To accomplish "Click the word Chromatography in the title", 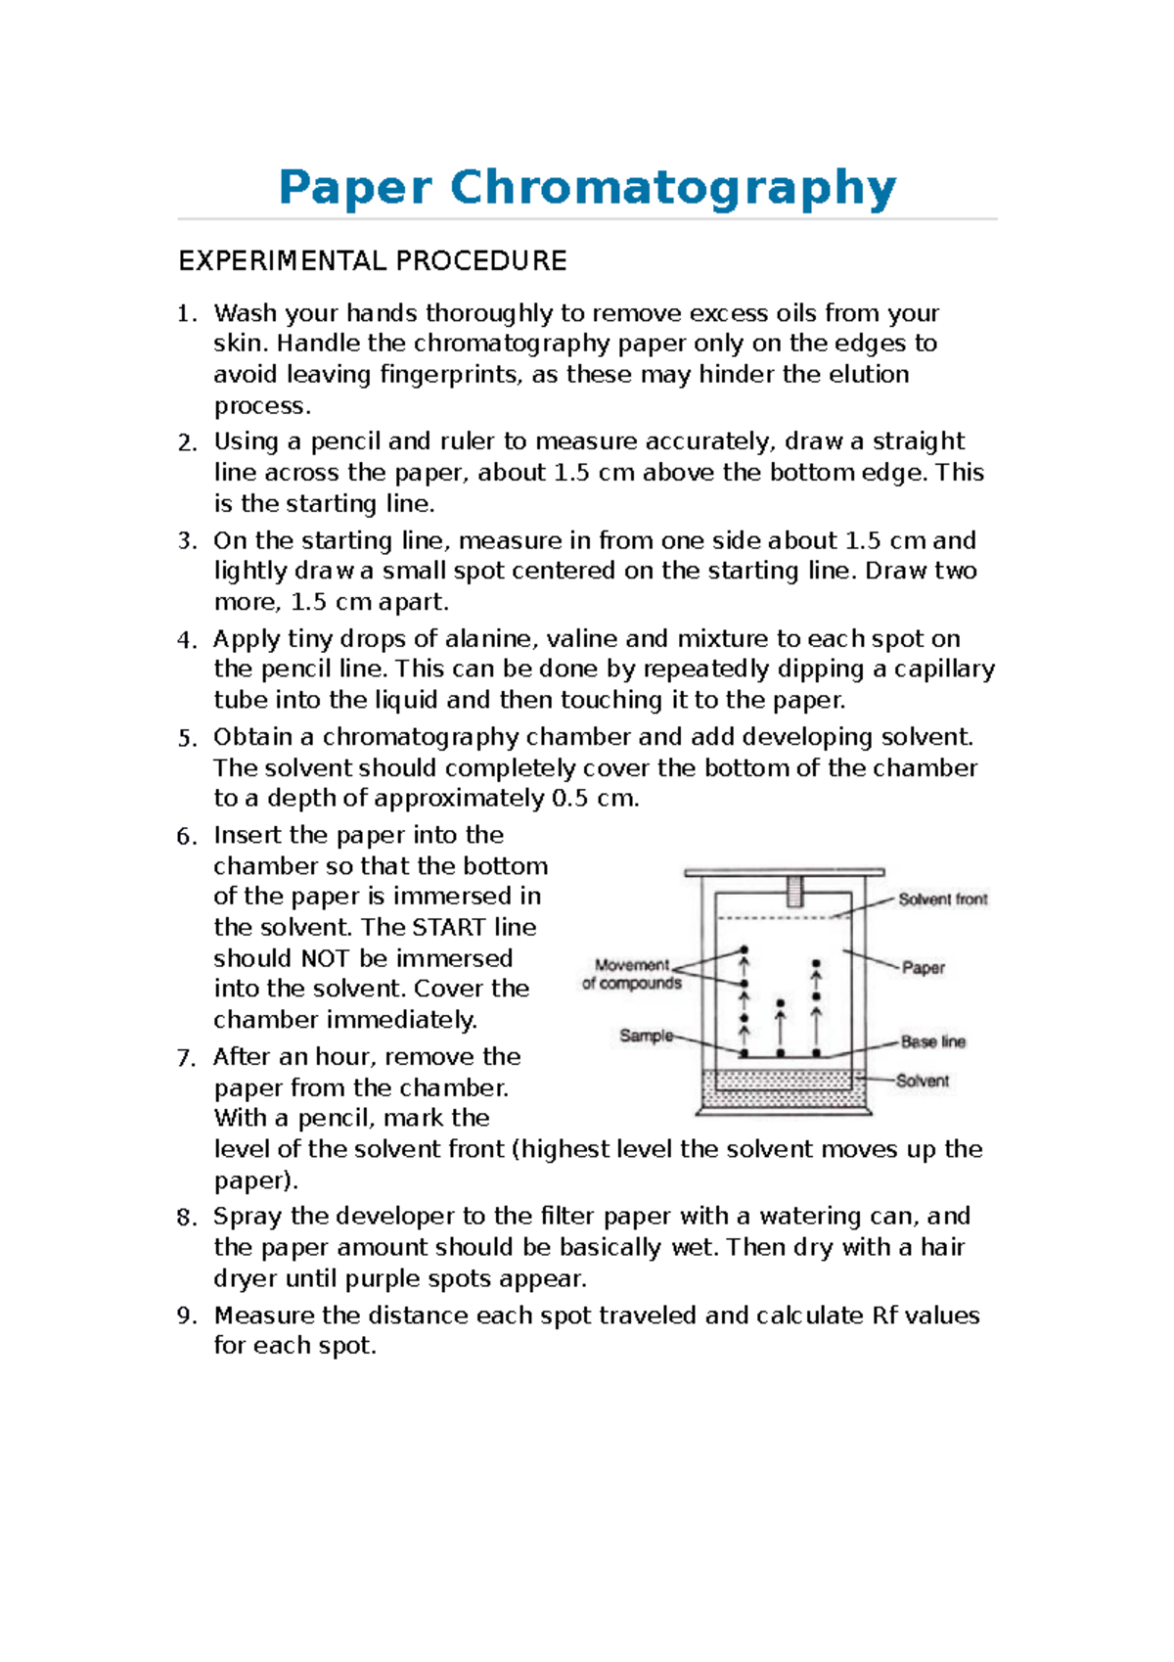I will click(x=673, y=187).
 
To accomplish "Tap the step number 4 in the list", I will click(x=186, y=640).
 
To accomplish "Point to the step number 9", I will click(x=186, y=1316).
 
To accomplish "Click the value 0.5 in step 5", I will click(x=569, y=799).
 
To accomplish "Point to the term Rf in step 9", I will click(x=884, y=1316).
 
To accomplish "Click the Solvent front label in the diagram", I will click(x=942, y=900).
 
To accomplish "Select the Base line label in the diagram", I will click(x=932, y=1041).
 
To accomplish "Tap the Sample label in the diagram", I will click(x=646, y=1036).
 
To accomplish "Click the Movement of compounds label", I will click(x=632, y=974).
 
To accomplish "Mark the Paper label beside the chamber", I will click(x=923, y=968).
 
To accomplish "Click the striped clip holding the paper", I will click(x=794, y=891).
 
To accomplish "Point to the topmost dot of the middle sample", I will click(x=780, y=1003).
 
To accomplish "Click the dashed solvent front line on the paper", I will click(x=773, y=917).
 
